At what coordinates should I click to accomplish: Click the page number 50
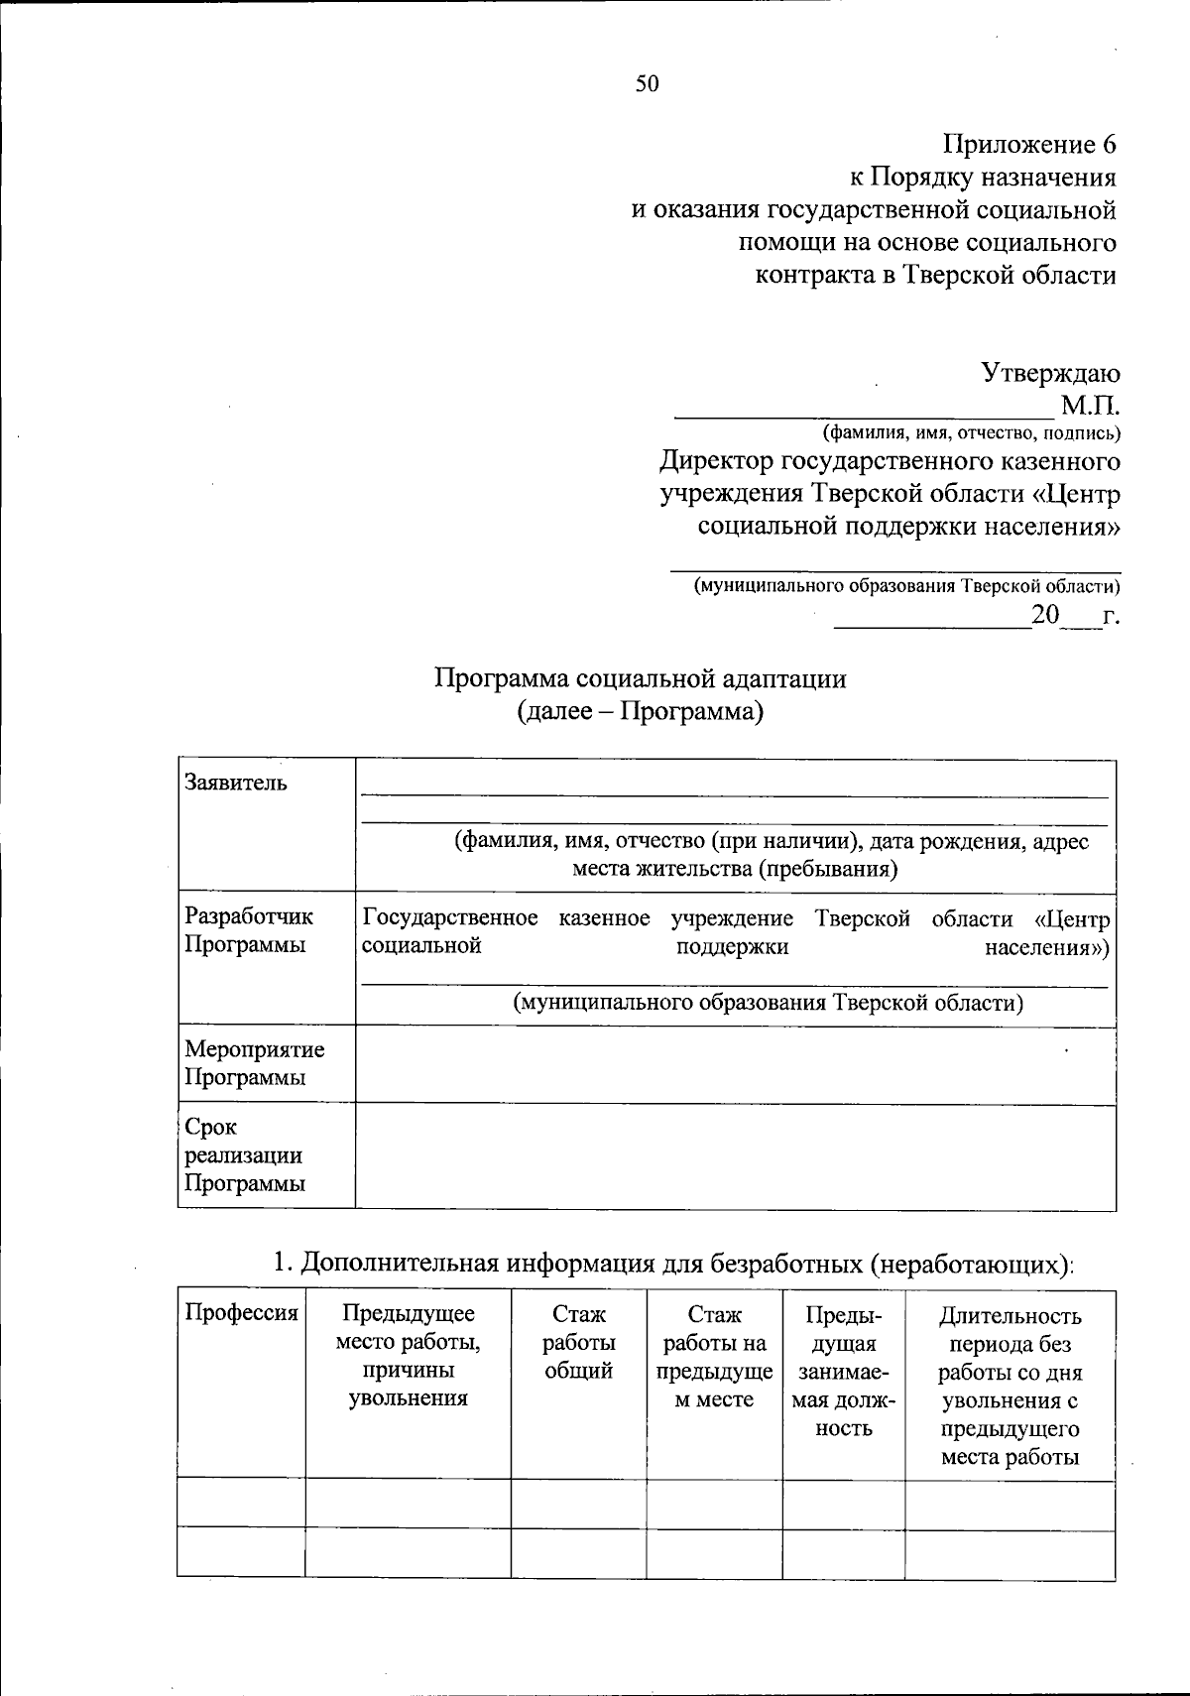click(x=647, y=84)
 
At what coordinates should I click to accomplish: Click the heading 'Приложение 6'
click(x=1028, y=145)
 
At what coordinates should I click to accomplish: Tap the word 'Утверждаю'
click(x=1050, y=373)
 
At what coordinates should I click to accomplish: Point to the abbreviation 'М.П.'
click(x=1090, y=406)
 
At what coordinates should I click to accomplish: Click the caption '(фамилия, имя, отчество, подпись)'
click(x=971, y=433)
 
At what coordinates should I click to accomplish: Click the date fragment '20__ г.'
click(x=1075, y=615)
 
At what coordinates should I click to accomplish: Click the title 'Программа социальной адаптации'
click(x=640, y=679)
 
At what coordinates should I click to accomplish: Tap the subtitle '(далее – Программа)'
click(x=640, y=712)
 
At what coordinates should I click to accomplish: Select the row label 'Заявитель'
click(x=236, y=783)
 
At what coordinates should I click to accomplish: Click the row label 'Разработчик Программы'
click(x=249, y=931)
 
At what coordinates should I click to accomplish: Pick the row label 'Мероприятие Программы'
click(x=255, y=1063)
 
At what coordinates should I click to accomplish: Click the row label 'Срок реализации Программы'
click(x=244, y=1155)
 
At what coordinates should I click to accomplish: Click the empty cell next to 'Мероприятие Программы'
click(x=735, y=1065)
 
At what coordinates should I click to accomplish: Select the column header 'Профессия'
click(x=241, y=1314)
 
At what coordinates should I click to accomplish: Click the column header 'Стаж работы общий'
click(x=579, y=1343)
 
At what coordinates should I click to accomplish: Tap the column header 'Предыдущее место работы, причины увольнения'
click(x=408, y=1356)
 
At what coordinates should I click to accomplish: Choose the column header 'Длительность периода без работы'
click(x=1010, y=1386)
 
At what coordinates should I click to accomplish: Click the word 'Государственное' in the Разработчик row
click(x=450, y=918)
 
